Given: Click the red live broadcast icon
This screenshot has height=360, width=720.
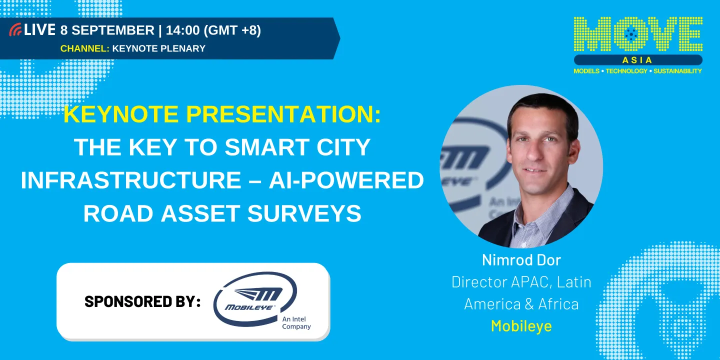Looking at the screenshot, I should [15, 30].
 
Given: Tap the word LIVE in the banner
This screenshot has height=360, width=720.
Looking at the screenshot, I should [39, 30].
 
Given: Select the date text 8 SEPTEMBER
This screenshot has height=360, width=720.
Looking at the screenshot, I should [107, 30].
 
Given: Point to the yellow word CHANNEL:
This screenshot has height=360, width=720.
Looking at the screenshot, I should [84, 48].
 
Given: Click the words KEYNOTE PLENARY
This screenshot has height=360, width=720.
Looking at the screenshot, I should [159, 48].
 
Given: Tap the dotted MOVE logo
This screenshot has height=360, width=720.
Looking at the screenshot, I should [637, 35].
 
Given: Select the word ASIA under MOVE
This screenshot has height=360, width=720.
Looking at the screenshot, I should [637, 60].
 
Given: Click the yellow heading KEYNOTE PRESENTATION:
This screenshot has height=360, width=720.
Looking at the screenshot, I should [222, 114].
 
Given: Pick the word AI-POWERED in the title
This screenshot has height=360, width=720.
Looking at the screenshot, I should [346, 180].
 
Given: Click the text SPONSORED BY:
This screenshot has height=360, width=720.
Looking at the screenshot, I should [142, 301].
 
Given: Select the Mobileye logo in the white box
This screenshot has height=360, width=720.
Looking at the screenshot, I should [255, 298].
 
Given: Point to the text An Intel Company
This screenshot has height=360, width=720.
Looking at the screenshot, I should [296, 323].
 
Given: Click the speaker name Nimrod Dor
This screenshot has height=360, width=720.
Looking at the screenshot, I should [521, 260].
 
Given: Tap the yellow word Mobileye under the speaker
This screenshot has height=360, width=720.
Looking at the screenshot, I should [521, 326].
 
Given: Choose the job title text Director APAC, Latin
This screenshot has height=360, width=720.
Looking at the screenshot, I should [521, 282].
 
